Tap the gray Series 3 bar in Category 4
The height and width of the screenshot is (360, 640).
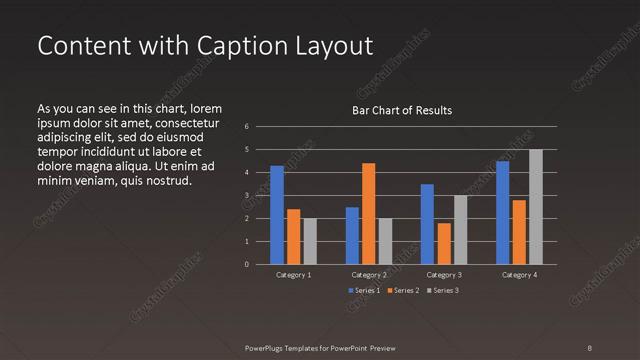click(536, 207)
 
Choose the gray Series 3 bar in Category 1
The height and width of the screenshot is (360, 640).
click(310, 241)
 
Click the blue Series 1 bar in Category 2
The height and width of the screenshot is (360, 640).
click(352, 235)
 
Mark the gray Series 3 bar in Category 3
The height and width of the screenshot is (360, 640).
click(461, 229)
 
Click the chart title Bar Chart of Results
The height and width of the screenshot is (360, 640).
click(402, 110)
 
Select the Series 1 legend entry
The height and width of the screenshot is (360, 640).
click(363, 290)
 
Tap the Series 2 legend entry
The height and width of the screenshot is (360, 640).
click(402, 290)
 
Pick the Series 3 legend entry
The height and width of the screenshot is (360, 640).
click(441, 290)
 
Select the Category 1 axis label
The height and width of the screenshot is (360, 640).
click(293, 274)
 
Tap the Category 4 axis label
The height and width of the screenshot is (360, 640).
click(519, 274)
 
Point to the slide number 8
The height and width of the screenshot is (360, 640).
click(589, 347)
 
